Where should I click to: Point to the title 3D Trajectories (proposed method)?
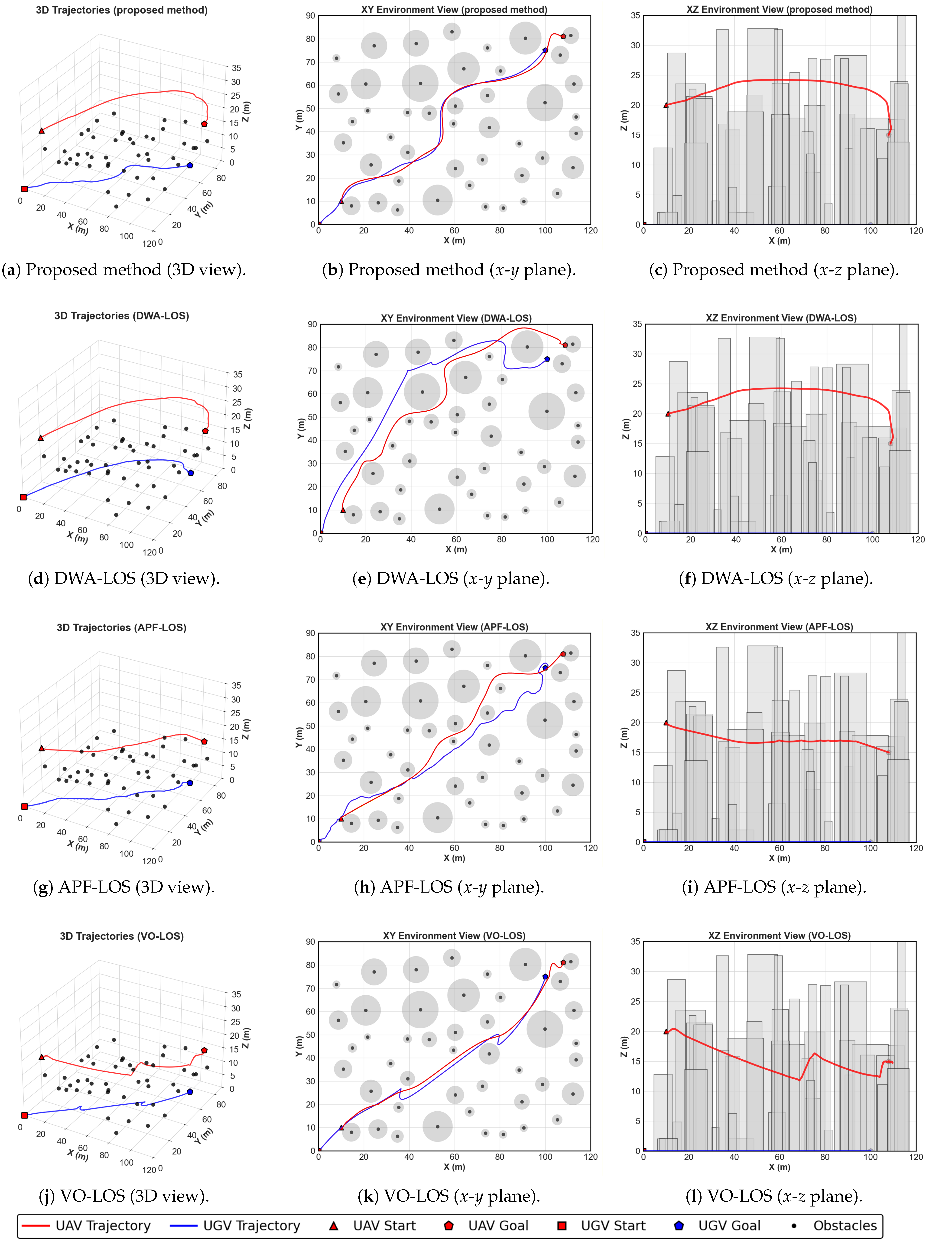pos(122,10)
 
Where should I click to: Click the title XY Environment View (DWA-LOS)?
pos(456,318)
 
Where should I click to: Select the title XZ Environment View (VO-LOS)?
pos(779,936)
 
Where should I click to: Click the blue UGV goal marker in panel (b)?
pos(545,50)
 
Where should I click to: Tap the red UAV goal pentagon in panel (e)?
pos(565,345)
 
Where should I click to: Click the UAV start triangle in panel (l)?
pos(666,1031)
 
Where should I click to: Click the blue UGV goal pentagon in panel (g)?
pos(190,783)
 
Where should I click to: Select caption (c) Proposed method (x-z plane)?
pos(773,270)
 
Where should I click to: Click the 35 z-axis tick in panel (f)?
pos(637,324)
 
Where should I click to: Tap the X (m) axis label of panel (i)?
pos(779,858)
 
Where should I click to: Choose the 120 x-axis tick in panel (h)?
pos(590,848)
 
